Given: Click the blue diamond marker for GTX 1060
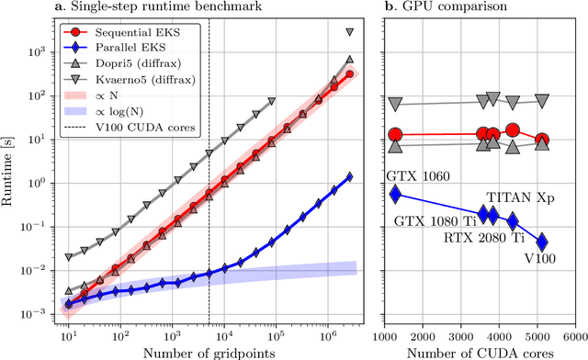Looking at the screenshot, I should pos(396,194).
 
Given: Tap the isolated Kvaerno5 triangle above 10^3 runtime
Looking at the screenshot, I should pos(350,32).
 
